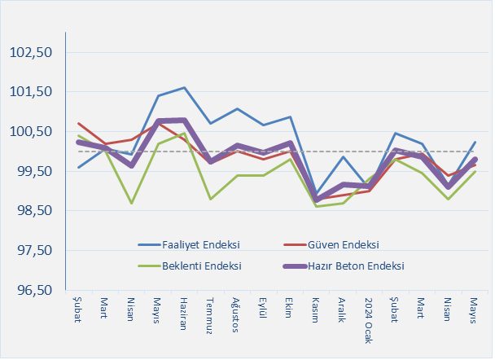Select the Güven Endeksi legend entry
coord(344,244)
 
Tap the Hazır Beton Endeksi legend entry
coord(358,266)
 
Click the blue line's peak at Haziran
coord(184,87)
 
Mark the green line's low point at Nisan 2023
coord(131,203)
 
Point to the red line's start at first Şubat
coord(78,123)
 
